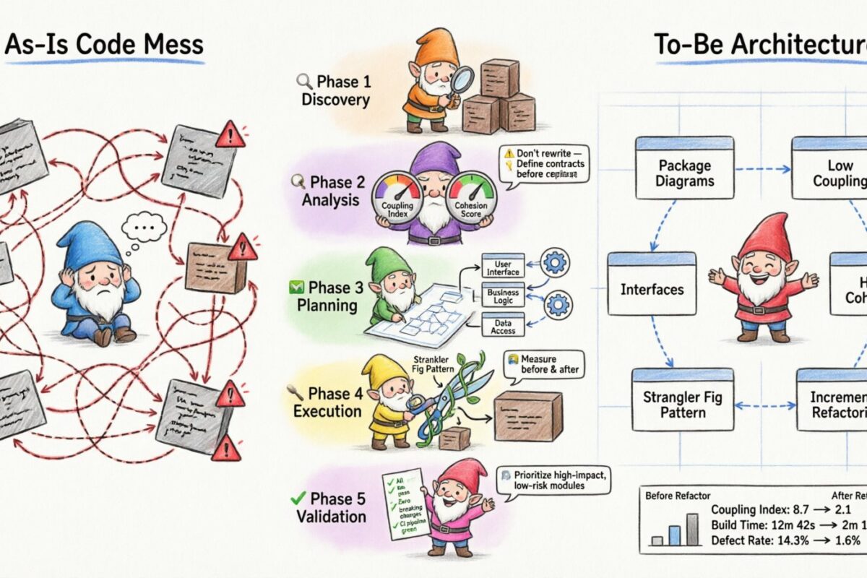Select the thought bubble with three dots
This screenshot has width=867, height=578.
(x=144, y=230)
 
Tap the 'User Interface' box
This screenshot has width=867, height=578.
(x=503, y=267)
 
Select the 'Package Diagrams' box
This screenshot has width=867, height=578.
(x=683, y=173)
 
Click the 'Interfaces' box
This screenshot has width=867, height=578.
(x=652, y=289)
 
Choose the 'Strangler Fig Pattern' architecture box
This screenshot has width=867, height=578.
(x=682, y=405)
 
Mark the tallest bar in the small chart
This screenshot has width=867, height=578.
(x=693, y=529)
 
